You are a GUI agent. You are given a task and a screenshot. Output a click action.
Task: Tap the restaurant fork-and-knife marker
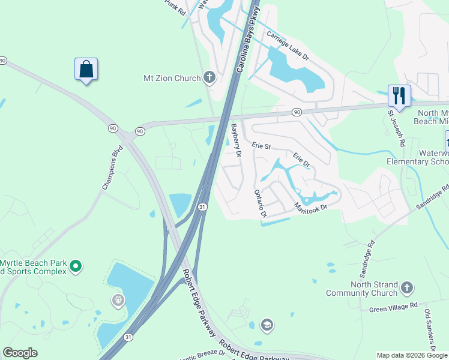(399, 95)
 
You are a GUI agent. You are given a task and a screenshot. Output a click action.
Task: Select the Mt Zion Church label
(172, 77)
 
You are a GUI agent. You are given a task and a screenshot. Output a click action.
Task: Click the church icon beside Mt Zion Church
(209, 77)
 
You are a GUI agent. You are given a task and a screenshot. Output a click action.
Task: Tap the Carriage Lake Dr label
(288, 46)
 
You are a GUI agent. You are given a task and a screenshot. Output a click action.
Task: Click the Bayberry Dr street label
(236, 140)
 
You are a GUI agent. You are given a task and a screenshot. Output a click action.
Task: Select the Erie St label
(262, 145)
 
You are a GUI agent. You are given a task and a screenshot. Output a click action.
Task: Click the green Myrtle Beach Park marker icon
(76, 265)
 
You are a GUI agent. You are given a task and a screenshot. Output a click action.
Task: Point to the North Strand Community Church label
(362, 288)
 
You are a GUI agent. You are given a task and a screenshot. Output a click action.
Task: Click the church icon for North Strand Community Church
(407, 287)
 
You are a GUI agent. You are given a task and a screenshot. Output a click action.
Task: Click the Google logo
(20, 353)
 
